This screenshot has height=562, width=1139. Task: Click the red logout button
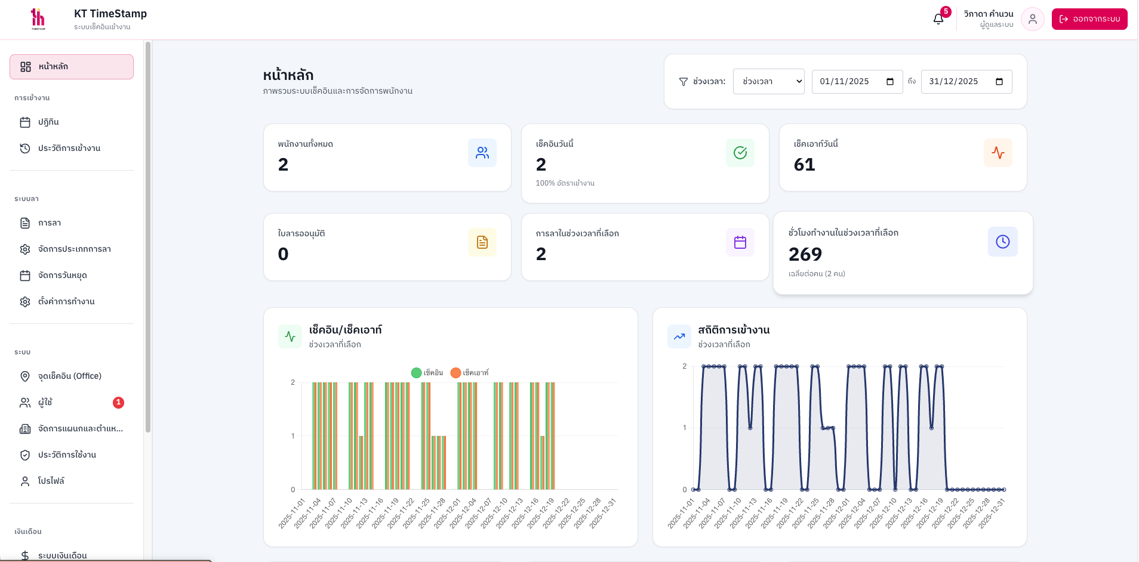click(x=1089, y=19)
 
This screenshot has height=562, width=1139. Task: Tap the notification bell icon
click(x=938, y=19)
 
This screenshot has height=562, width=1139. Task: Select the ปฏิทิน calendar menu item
click(x=48, y=122)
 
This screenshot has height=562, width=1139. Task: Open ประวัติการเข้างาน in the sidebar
click(x=69, y=149)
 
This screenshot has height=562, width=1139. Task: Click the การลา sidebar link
click(x=50, y=223)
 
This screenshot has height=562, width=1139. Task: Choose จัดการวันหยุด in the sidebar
click(x=62, y=276)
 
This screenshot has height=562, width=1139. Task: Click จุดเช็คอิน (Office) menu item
click(x=69, y=376)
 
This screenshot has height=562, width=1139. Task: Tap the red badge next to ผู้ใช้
click(x=118, y=403)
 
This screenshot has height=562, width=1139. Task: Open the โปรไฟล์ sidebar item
click(x=51, y=481)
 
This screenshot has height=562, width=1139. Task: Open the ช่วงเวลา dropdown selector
click(x=768, y=82)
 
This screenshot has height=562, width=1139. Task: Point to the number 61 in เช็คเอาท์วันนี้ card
click(x=804, y=165)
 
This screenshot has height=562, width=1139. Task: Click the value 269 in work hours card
click(x=805, y=255)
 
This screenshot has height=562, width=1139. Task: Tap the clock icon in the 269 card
click(x=1002, y=242)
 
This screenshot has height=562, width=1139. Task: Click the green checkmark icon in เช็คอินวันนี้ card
click(x=740, y=153)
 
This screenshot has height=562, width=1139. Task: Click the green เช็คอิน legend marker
click(x=417, y=373)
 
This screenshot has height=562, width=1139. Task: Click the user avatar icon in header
click(x=1032, y=19)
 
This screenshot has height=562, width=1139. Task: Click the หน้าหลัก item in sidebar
click(x=71, y=67)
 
